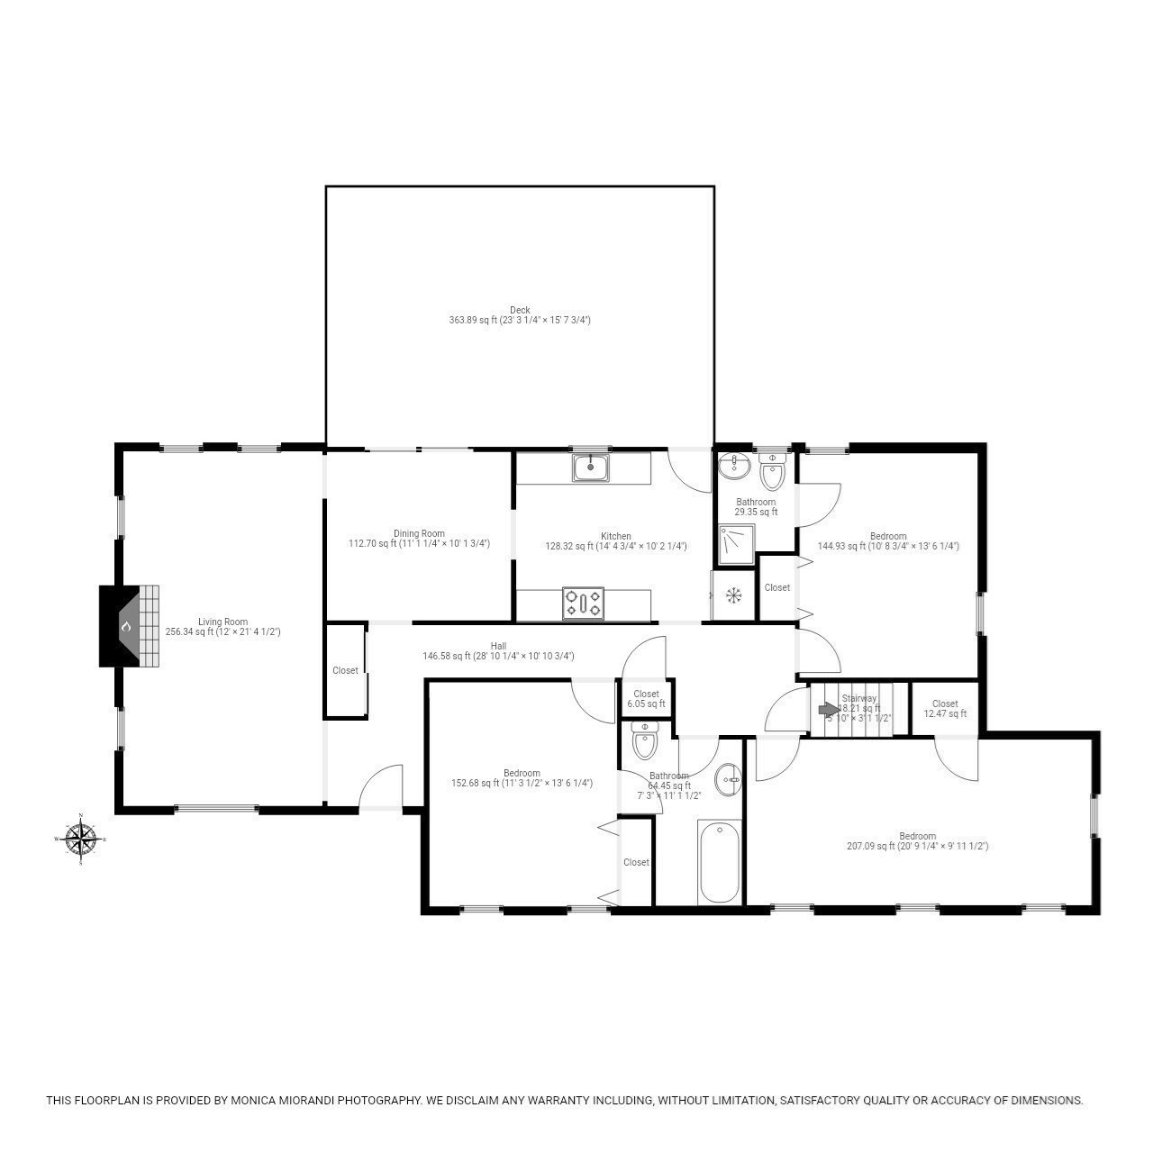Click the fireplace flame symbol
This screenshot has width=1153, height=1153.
(x=127, y=626)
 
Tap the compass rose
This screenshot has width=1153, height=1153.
(x=81, y=840)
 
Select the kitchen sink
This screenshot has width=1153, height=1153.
(x=590, y=468)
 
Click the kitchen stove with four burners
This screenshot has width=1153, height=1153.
(x=584, y=604)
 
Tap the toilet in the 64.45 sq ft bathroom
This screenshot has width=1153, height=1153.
(x=645, y=742)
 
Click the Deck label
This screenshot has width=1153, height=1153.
(x=520, y=310)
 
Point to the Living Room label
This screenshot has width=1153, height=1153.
(x=222, y=622)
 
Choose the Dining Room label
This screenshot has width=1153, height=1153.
(x=419, y=533)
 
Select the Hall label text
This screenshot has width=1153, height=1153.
(x=498, y=646)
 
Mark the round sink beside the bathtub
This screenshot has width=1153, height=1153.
(x=728, y=780)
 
